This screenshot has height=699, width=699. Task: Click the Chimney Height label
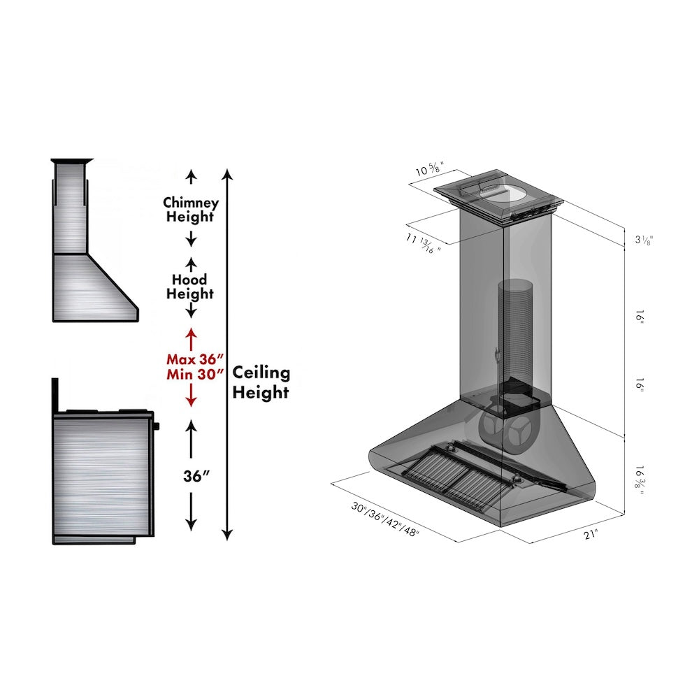tap(191, 209)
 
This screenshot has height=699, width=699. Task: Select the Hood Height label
tap(190, 287)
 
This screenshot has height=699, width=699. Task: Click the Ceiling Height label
tap(261, 382)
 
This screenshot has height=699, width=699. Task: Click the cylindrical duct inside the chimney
tap(515, 329)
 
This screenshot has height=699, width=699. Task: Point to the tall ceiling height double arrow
tap(226, 353)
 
